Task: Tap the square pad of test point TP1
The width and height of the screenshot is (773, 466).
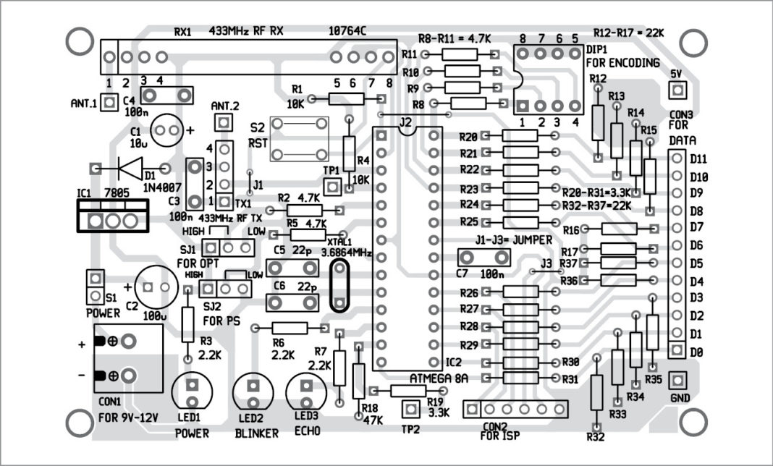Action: click(332, 187)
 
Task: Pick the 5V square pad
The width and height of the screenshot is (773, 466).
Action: click(677, 90)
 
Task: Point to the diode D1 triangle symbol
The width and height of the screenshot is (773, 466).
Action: click(131, 169)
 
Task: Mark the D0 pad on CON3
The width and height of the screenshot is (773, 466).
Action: click(676, 350)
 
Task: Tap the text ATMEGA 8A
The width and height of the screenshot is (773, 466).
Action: click(439, 378)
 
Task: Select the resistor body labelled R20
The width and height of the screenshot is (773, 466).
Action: click(520, 136)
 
